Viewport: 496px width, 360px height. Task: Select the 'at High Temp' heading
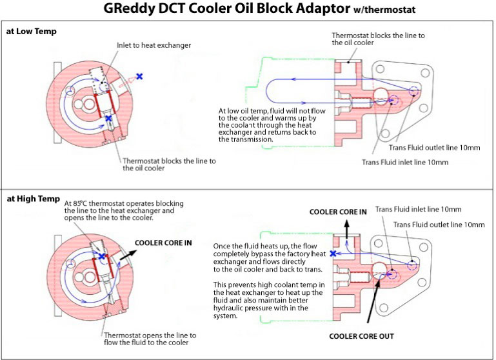click(x=33, y=199)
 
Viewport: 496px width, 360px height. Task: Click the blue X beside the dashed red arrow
click(x=139, y=76)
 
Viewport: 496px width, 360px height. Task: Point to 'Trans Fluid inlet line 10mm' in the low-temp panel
click(x=404, y=162)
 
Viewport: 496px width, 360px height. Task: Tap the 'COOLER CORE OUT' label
click(x=361, y=336)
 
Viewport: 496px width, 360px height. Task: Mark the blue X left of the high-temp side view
click(x=333, y=254)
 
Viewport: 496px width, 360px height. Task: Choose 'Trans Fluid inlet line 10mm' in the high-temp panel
click(x=418, y=210)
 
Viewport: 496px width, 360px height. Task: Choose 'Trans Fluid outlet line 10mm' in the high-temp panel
click(x=439, y=225)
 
